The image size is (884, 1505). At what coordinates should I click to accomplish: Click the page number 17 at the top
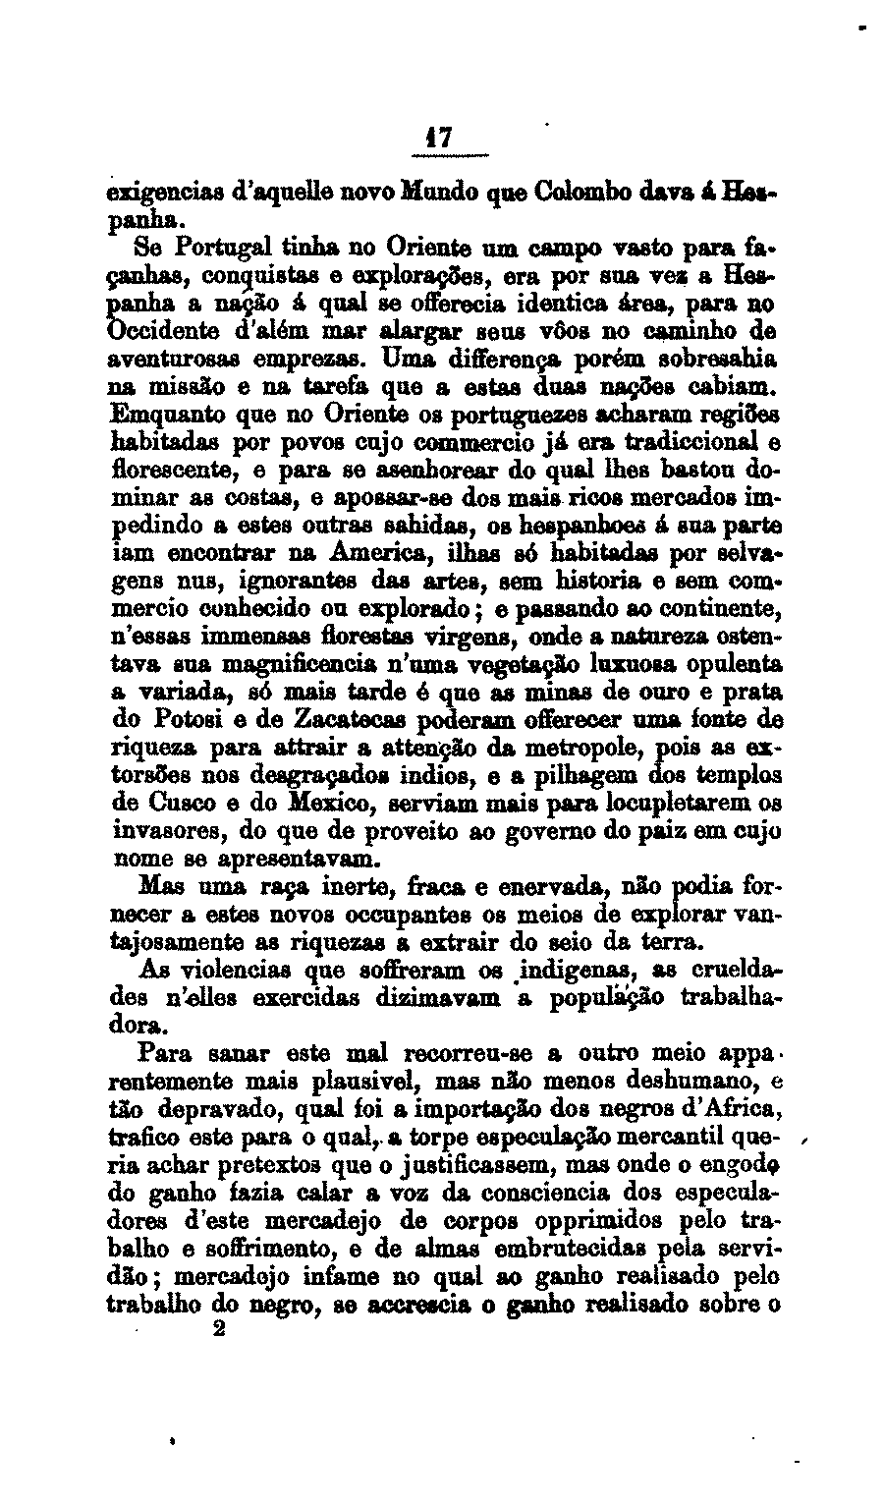point(441,139)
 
